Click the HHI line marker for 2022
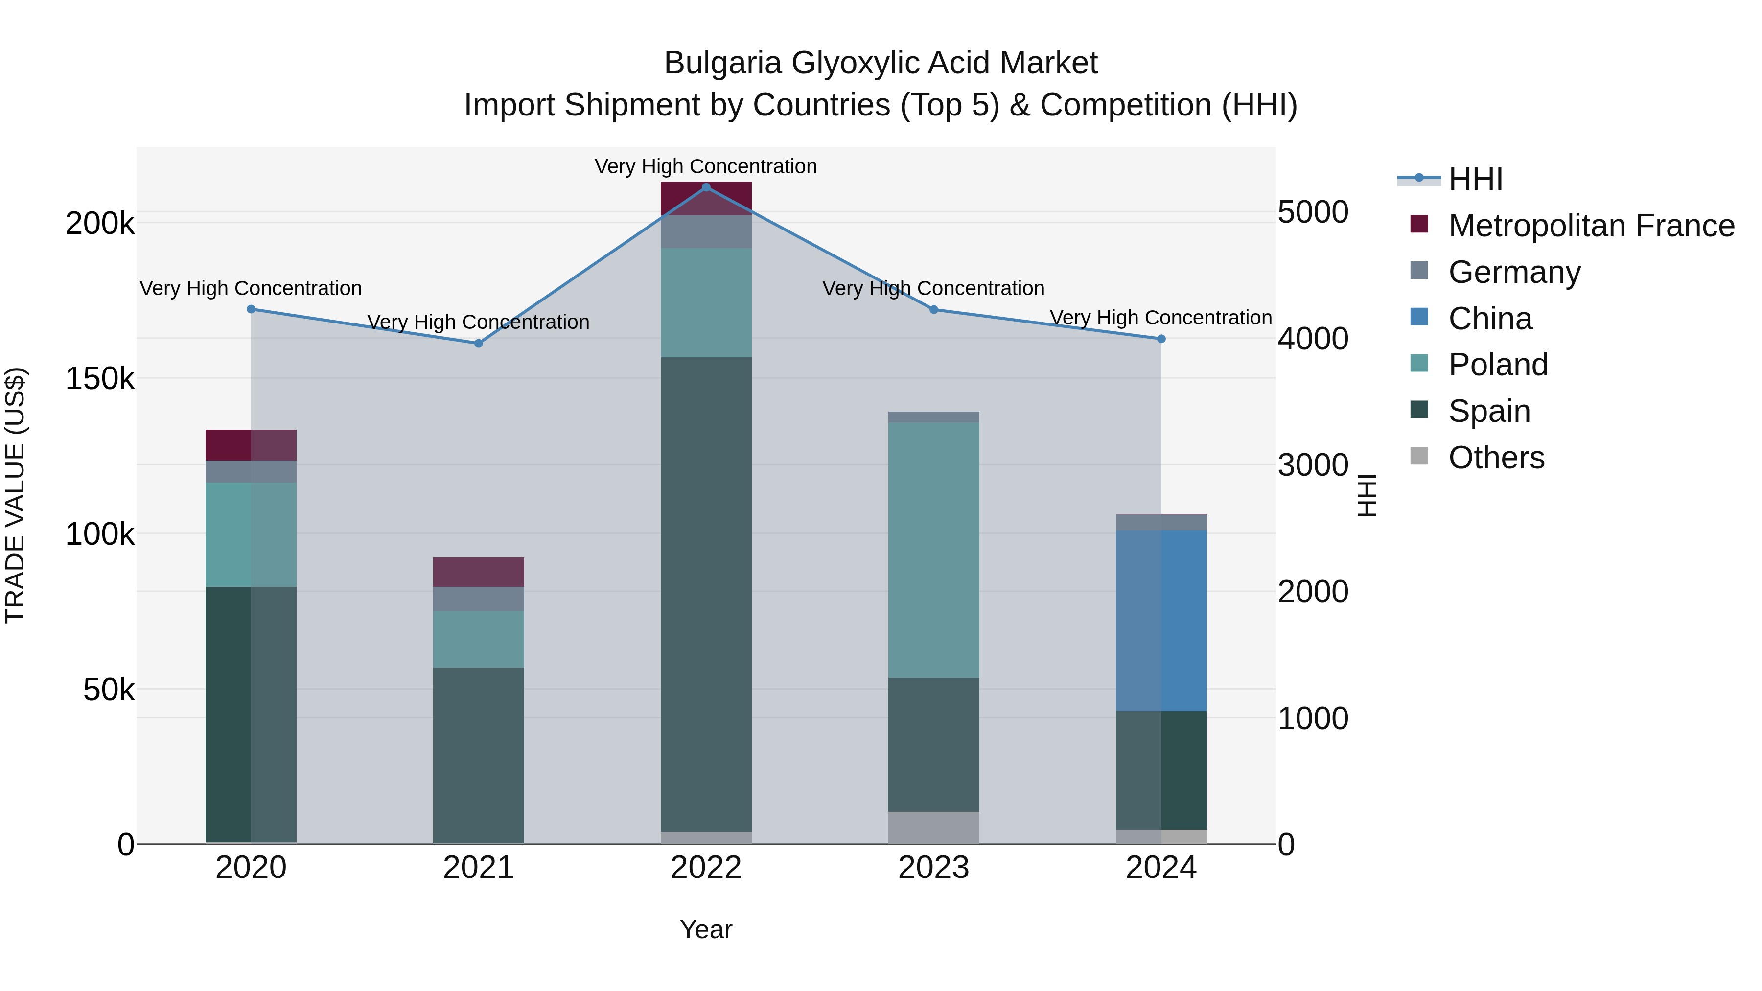706,187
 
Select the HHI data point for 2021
479,344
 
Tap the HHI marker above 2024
1161,339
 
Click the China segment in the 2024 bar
1161,621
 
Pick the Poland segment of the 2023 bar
934,550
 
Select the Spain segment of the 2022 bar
706,594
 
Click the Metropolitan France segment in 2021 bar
479,572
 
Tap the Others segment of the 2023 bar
934,828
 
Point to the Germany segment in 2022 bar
706,232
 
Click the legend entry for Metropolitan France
1591,226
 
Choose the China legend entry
1490,319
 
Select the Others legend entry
1496,458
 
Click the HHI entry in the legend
1475,179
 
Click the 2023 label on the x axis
934,868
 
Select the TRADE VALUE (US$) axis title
15,495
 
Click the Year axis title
706,929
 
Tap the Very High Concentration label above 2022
706,166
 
